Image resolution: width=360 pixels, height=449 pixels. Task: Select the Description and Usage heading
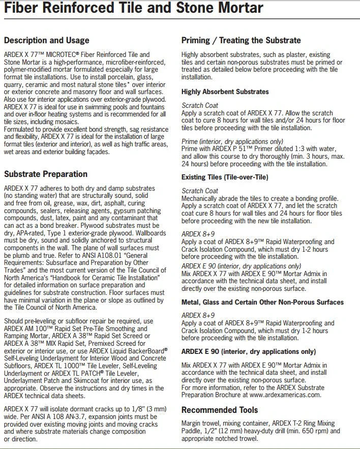[46, 40]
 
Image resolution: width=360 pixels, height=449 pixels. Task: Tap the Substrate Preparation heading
[45, 174]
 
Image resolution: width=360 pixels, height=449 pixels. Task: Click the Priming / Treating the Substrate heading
[241, 40]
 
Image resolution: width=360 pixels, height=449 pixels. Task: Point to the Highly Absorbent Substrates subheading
[225, 92]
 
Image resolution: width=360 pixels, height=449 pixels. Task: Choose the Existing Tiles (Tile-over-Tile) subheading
[225, 177]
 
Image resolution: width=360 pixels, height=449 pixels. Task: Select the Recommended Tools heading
[220, 410]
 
